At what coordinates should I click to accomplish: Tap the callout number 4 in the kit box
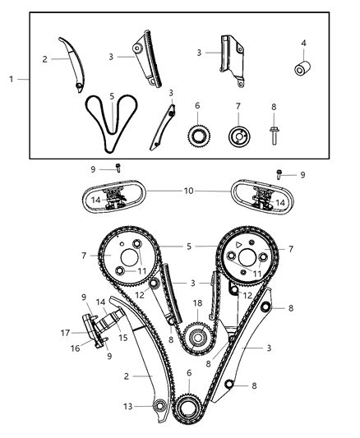tap(303, 43)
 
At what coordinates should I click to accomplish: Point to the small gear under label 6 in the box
tap(196, 133)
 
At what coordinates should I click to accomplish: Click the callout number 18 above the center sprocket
tap(196, 303)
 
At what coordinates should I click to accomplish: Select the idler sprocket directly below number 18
tap(196, 335)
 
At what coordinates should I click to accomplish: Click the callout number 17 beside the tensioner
tap(65, 333)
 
